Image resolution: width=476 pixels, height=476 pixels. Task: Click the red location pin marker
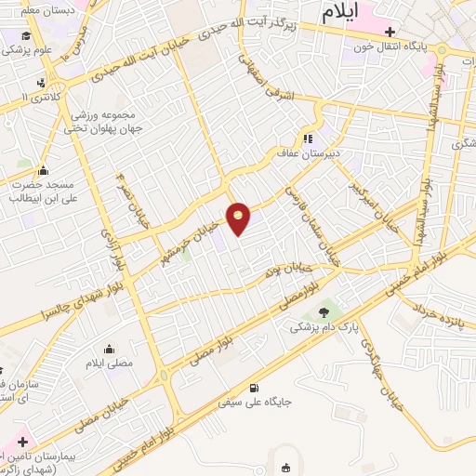(239, 218)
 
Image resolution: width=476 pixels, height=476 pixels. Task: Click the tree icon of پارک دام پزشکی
(324, 312)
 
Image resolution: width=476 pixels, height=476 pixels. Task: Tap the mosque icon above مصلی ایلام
(110, 350)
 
